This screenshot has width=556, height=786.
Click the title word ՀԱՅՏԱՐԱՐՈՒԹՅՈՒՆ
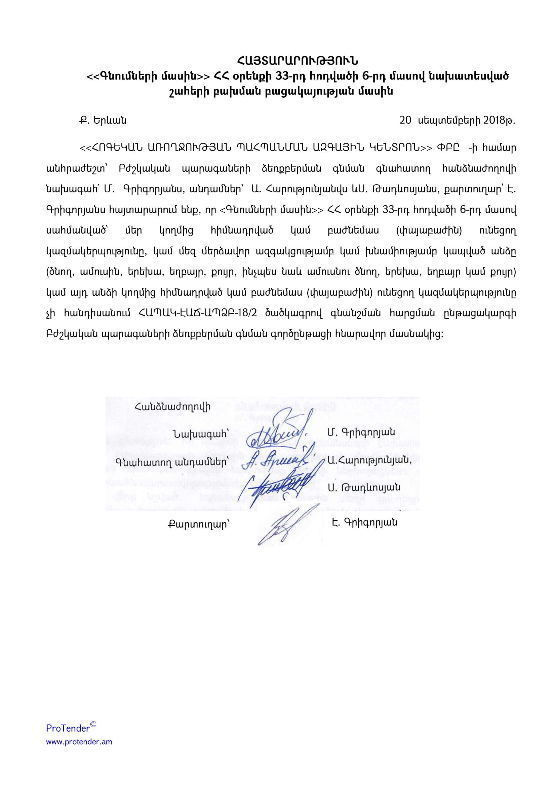[297, 61]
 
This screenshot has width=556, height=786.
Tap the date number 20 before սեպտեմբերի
[405, 120]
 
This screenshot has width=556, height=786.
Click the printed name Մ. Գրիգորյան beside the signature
[361, 432]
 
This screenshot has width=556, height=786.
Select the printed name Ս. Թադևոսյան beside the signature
[364, 487]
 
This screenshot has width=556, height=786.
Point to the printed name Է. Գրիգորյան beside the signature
[364, 523]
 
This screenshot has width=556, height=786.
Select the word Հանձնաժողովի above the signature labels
[172, 407]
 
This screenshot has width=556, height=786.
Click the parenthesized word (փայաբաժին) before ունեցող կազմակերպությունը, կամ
[429, 231]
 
